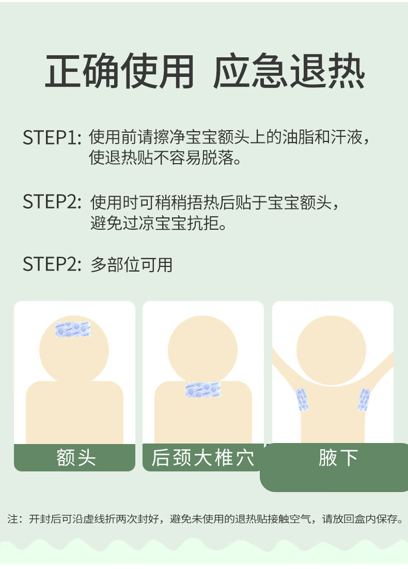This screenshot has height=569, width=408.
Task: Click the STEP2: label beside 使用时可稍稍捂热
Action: [x=52, y=202]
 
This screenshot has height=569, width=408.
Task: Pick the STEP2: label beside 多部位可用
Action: [x=52, y=264]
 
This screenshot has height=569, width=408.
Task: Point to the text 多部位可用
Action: [x=131, y=264]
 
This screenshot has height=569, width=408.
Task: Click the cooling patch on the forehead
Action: [x=73, y=330]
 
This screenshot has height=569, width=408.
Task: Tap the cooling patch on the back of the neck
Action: [x=202, y=390]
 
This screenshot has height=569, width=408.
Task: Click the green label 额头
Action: [x=75, y=457]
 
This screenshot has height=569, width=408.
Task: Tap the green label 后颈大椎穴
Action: [x=202, y=457]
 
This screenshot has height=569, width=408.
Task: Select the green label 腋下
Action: [x=338, y=457]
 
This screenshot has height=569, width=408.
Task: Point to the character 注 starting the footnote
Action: [x=13, y=519]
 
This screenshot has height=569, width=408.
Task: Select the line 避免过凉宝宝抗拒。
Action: [x=159, y=224]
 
